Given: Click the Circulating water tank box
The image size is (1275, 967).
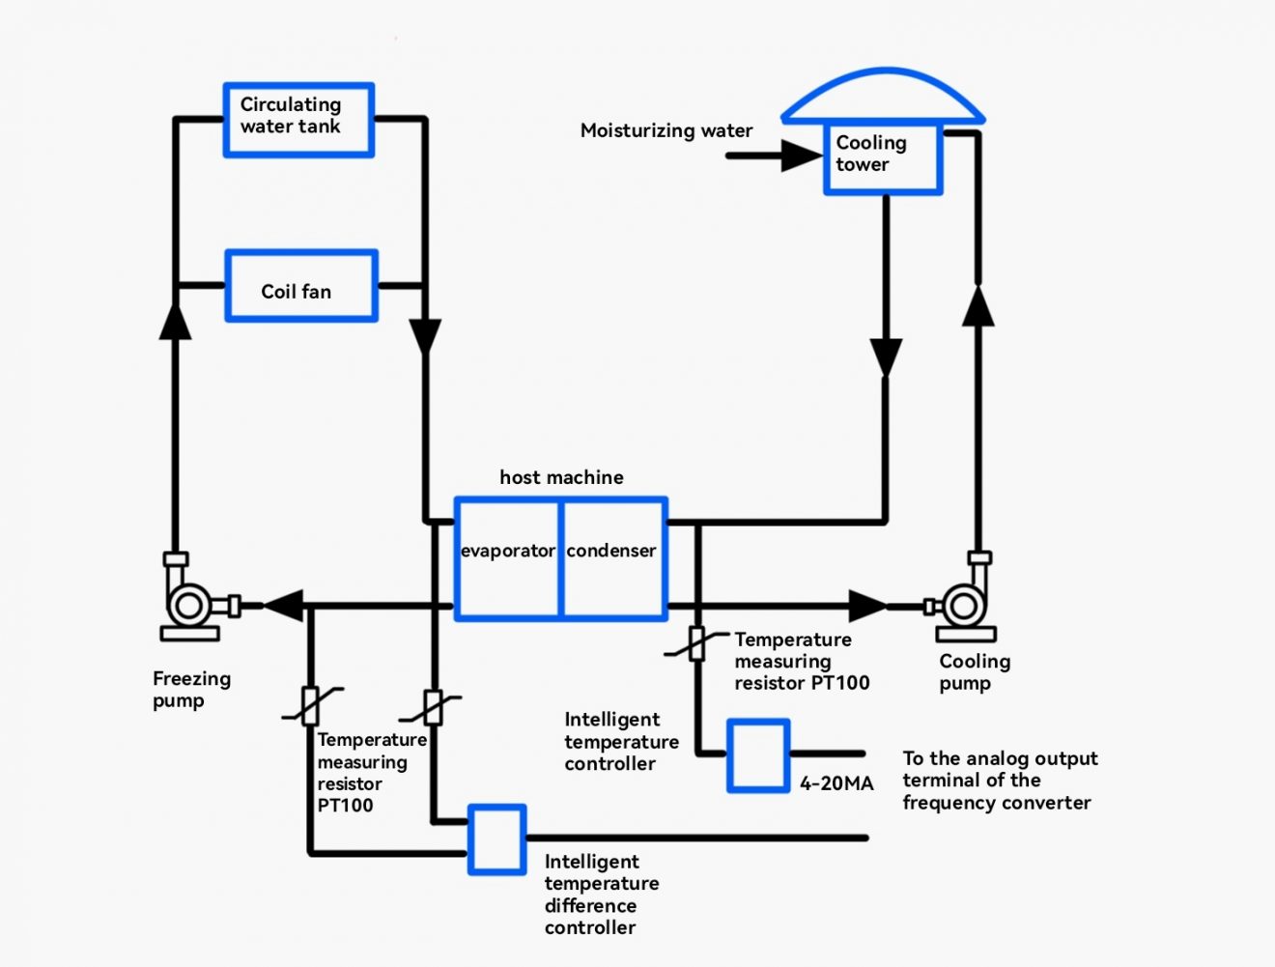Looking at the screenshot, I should [298, 120].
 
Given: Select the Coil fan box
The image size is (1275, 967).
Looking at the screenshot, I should [300, 286].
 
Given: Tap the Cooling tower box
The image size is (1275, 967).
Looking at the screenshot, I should [882, 158].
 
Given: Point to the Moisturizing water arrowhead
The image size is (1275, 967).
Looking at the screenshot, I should [801, 156].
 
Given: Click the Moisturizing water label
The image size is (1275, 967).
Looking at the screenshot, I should [666, 130].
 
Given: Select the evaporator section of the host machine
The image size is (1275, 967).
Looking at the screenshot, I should [507, 558].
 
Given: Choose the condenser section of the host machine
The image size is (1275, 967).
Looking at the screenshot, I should [613, 558].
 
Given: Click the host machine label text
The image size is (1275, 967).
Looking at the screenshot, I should [561, 477].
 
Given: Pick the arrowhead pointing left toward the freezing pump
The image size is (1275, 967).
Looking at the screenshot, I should [284, 606].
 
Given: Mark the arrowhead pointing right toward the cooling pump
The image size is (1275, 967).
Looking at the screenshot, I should [866, 606].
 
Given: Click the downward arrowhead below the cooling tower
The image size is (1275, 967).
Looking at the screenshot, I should [886, 356].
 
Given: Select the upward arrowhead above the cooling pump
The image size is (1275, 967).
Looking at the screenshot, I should [978, 306].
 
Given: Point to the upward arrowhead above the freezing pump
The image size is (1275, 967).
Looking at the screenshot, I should [175, 320].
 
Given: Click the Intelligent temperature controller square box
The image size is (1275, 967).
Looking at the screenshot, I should [758, 755].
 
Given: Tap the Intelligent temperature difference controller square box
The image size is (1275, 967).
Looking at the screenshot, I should [497, 839].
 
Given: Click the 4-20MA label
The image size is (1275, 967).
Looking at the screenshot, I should [836, 783].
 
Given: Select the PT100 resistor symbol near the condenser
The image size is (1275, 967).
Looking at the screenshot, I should [696, 644].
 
